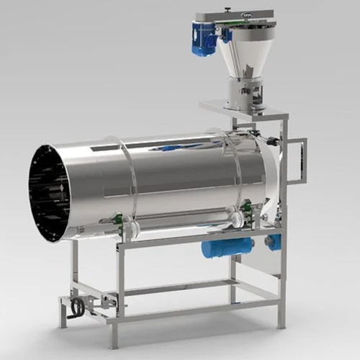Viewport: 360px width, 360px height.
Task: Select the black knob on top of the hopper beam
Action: [x=228, y=9]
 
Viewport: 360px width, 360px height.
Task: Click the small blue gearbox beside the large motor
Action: [x=274, y=242]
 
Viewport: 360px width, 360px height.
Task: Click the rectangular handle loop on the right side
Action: [x=296, y=161]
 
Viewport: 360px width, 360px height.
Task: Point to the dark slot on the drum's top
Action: [x=104, y=148]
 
